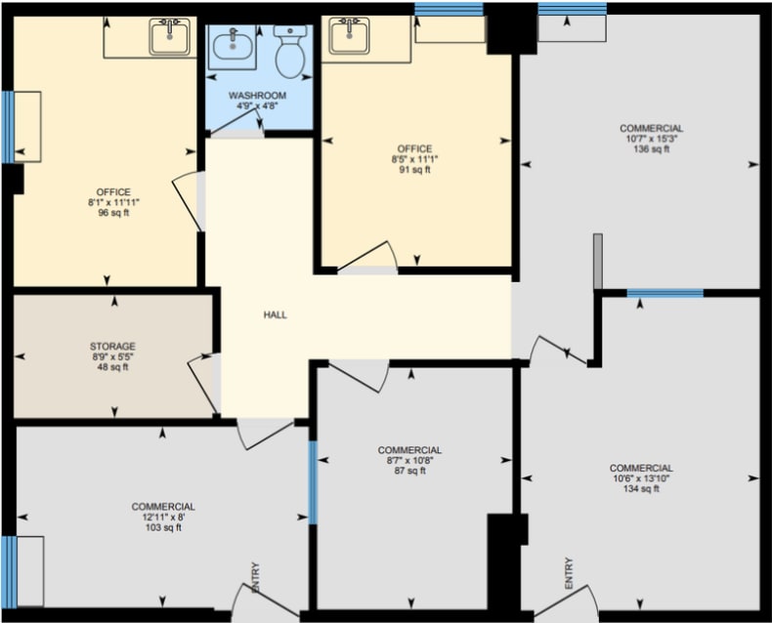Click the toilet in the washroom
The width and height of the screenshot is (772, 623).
click(x=290, y=52)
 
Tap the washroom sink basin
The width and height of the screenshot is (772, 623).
click(x=233, y=45)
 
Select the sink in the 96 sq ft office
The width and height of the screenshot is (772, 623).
click(x=170, y=36)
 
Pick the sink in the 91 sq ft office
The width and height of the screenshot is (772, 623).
click(x=349, y=35)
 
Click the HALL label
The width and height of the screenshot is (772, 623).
click(x=276, y=315)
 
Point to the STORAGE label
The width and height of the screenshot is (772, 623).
click(x=112, y=347)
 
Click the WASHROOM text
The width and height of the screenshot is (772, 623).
click(x=258, y=96)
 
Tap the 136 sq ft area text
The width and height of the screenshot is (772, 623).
click(x=652, y=149)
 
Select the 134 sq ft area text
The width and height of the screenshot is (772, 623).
click(x=641, y=488)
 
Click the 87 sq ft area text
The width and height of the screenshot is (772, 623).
click(x=409, y=471)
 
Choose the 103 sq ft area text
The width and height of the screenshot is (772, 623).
click(x=163, y=527)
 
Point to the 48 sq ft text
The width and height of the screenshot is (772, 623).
click(x=112, y=367)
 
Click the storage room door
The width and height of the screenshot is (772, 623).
click(x=202, y=384)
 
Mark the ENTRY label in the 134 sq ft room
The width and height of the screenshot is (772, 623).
click(x=569, y=573)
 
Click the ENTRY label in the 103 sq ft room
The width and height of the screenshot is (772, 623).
click(x=255, y=577)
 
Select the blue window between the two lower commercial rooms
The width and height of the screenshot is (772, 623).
click(x=313, y=482)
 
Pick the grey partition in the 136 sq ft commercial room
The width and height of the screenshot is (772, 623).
click(x=598, y=262)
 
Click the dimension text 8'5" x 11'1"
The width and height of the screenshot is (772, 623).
click(x=411, y=159)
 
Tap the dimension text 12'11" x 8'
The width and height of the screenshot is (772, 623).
click(x=163, y=518)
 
